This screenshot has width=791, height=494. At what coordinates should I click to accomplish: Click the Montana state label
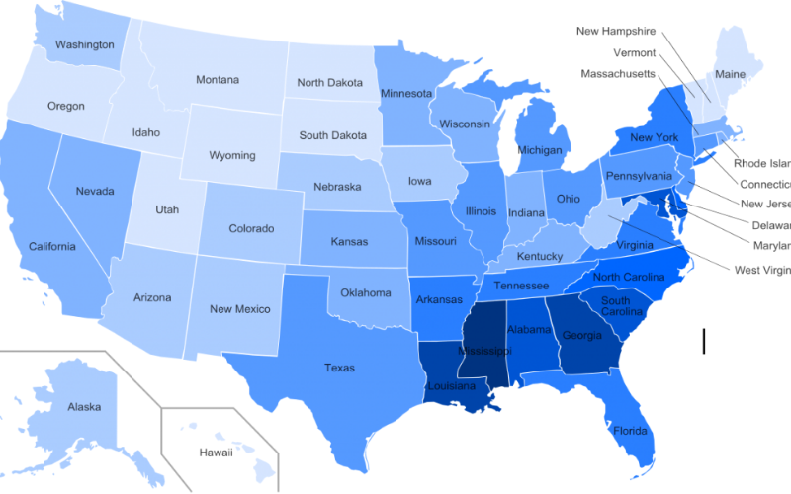tap(217, 80)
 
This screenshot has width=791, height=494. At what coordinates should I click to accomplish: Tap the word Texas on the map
tap(339, 368)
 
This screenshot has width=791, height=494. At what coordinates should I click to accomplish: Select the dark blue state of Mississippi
tap(483, 351)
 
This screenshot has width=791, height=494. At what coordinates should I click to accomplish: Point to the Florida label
tap(629, 431)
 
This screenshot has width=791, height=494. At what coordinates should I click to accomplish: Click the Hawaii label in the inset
tap(215, 453)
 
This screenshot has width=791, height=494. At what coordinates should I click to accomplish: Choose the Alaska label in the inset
tap(84, 407)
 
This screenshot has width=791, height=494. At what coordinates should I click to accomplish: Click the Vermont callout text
tap(635, 52)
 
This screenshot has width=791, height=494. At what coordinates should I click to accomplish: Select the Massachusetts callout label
tap(618, 74)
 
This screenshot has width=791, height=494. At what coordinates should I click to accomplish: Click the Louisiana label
tap(453, 386)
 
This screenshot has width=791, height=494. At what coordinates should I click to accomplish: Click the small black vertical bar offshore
tap(704, 341)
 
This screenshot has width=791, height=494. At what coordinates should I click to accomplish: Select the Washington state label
tap(83, 44)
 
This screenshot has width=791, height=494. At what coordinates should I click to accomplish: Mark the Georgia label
tap(581, 336)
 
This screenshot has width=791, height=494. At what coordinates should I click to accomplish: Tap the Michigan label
tap(540, 151)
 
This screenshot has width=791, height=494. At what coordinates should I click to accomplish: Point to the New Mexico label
tap(240, 309)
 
